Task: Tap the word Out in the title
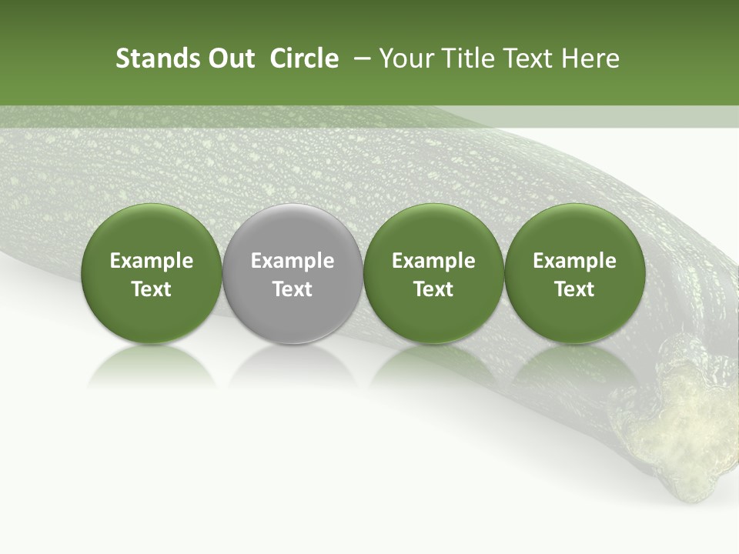pyautogui.click(x=229, y=58)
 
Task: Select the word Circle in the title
pyautogui.click(x=304, y=58)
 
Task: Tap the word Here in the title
pyautogui.click(x=590, y=58)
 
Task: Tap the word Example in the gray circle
pyautogui.click(x=293, y=261)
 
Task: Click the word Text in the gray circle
pyautogui.click(x=293, y=289)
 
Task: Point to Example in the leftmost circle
pyautogui.click(x=152, y=261)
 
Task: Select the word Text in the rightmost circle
pyautogui.click(x=575, y=289)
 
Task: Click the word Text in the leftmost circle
pyautogui.click(x=152, y=289)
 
